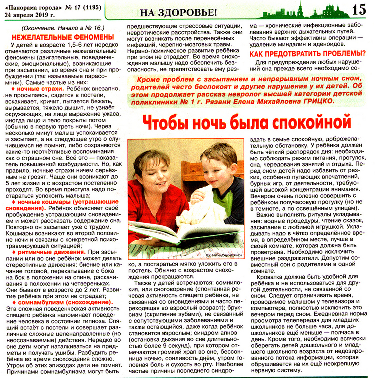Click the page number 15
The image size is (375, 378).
tap(359, 9)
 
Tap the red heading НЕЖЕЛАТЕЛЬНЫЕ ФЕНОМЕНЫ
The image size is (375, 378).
tap(61, 38)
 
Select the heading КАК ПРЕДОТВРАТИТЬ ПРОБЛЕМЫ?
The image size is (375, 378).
tap(306, 53)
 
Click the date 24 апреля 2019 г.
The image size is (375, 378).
tap(30, 14)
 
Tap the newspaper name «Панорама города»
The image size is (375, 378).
tap(30, 6)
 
